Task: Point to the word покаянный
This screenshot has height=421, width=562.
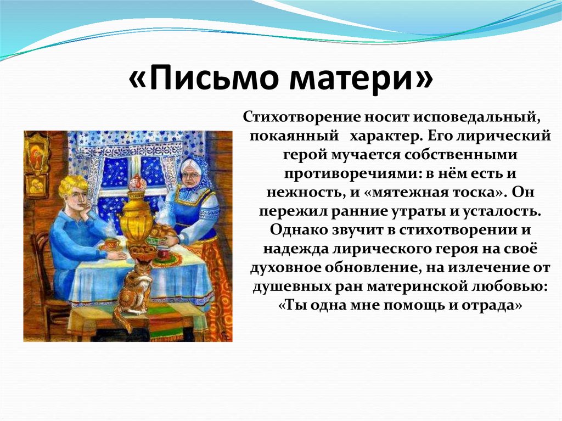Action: tap(294, 137)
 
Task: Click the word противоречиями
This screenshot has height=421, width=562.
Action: tap(351, 174)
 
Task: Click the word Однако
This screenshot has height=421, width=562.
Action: tap(298, 230)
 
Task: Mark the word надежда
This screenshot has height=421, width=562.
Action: tap(296, 249)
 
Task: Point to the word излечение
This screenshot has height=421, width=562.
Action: tap(483, 267)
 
